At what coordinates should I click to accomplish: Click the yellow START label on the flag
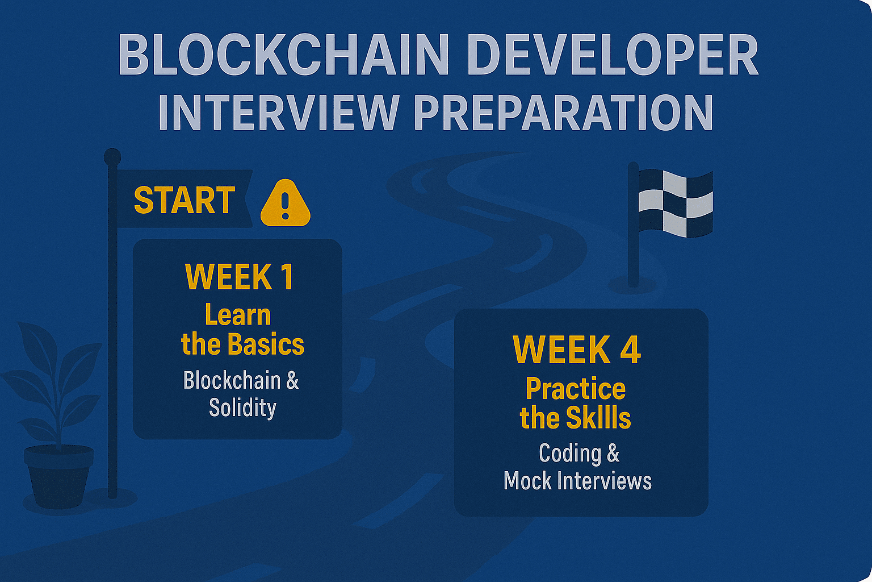pos(184,200)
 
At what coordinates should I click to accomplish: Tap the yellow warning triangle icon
pos(286,203)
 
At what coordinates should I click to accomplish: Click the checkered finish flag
pos(676,203)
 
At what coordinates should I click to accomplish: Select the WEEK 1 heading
pos(240,277)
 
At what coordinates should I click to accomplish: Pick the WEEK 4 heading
pos(577,350)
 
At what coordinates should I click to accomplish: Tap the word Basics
pos(266,344)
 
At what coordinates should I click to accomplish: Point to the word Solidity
pos(242,408)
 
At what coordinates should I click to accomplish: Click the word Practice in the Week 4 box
pos(576,389)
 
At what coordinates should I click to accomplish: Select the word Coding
pos(569,454)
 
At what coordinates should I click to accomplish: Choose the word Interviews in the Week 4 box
pos(605,481)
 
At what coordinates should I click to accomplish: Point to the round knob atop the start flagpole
pos(112,157)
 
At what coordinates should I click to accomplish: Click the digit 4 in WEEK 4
pos(628,350)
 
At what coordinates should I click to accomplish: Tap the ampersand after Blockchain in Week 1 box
pos(292,380)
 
